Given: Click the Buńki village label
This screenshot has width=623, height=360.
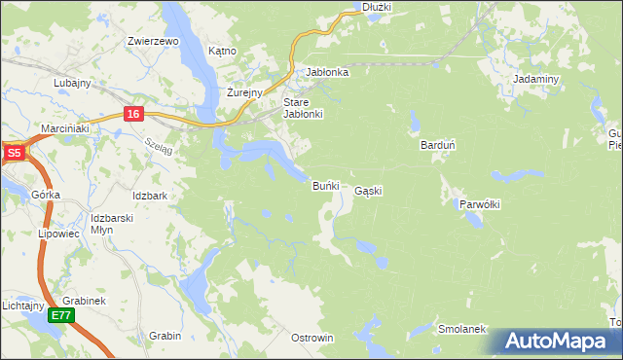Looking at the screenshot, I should pyautogui.click(x=324, y=185).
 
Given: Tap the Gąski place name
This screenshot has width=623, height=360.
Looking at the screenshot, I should pyautogui.click(x=368, y=192).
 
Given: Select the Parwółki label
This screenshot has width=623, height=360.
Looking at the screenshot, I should pyautogui.click(x=479, y=204).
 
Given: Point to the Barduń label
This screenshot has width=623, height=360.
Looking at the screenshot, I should pyautogui.click(x=437, y=145).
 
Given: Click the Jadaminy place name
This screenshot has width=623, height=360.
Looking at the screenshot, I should pyautogui.click(x=535, y=79).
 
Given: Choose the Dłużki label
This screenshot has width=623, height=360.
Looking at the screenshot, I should pyautogui.click(x=376, y=7).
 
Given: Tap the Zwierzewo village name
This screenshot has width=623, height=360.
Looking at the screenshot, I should pyautogui.click(x=153, y=42).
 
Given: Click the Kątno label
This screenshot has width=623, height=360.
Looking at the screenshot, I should pyautogui.click(x=223, y=51).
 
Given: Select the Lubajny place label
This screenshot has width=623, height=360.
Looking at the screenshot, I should pyautogui.click(x=72, y=83).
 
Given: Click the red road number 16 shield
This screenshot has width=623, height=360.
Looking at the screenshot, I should pyautogui.click(x=133, y=114).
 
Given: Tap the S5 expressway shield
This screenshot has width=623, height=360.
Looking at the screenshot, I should pyautogui.click(x=14, y=153).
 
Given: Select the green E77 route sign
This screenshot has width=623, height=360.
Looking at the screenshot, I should pyautogui.click(x=62, y=315).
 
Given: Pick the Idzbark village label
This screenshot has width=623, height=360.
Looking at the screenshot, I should pyautogui.click(x=150, y=196).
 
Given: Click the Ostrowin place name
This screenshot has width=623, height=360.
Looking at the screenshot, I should pyautogui.click(x=312, y=338).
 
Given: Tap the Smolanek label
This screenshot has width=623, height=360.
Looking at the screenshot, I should pyautogui.click(x=461, y=329).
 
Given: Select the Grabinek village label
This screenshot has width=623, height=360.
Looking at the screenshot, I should pyautogui.click(x=84, y=301).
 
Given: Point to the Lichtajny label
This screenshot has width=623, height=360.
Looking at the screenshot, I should pyautogui.click(x=20, y=306).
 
